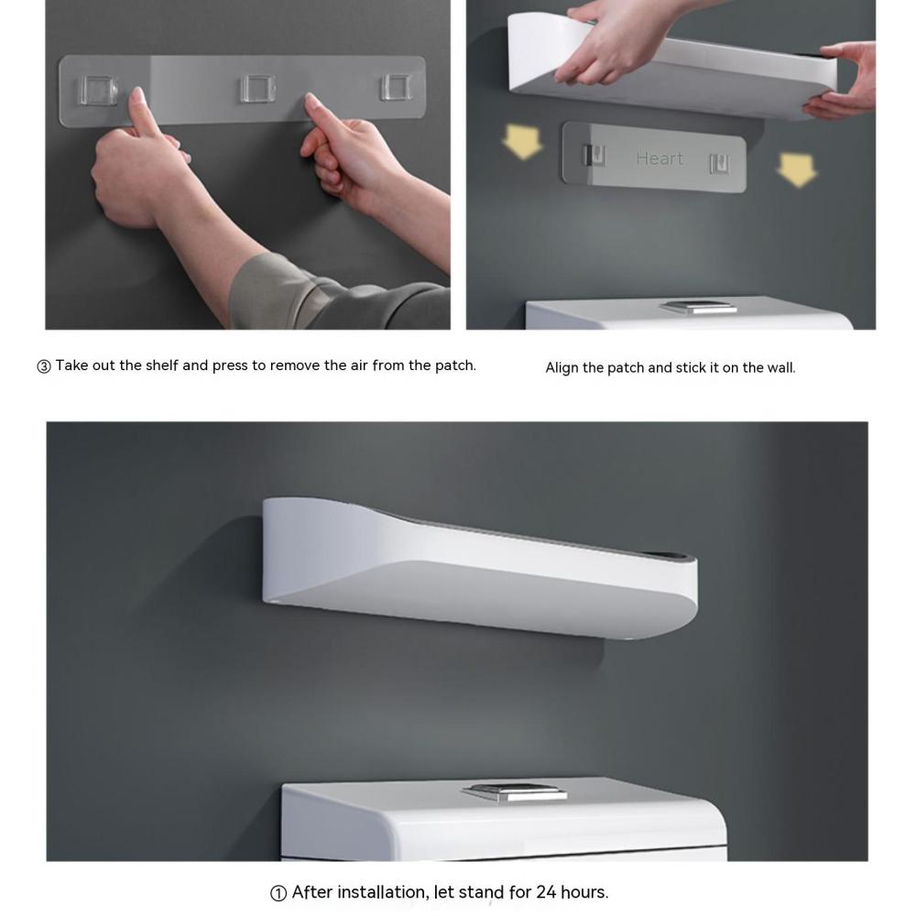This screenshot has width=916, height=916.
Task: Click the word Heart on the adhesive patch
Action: (660, 158)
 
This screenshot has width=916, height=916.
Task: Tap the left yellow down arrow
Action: (522, 141)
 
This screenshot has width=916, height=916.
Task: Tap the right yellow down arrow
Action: (797, 169)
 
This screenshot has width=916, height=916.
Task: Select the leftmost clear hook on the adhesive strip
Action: (98, 91)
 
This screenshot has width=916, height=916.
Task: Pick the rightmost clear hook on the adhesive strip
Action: (397, 86)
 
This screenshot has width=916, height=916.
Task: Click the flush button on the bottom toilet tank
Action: (515, 791)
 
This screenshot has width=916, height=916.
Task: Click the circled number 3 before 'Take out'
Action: (44, 366)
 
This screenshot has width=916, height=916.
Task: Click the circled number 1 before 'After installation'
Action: (278, 893)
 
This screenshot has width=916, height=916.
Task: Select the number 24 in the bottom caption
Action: (546, 892)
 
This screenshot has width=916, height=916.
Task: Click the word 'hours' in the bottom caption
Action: (584, 892)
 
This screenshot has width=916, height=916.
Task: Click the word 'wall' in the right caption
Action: (781, 367)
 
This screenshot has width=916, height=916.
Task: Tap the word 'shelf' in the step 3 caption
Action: (162, 365)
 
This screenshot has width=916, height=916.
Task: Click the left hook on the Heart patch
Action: (594, 156)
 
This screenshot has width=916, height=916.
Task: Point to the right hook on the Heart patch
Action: (719, 164)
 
